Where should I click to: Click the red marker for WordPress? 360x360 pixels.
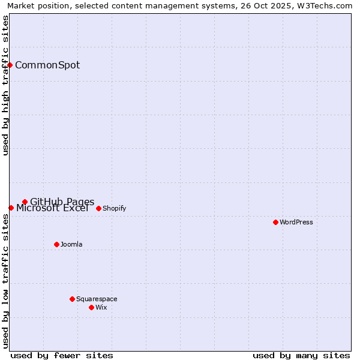(x=275, y=222)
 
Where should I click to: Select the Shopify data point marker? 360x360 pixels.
(x=99, y=208)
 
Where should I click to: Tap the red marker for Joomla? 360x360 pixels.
(x=57, y=244)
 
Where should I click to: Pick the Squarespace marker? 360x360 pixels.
(x=73, y=299)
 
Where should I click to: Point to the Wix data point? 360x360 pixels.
(x=92, y=307)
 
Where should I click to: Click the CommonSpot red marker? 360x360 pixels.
(x=10, y=65)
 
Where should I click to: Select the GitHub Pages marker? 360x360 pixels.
(x=25, y=202)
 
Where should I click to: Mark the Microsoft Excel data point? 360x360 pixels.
(x=11, y=208)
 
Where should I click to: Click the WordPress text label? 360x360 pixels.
(x=296, y=222)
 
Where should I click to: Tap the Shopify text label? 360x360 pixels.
(x=114, y=208)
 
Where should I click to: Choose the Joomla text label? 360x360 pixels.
(x=71, y=244)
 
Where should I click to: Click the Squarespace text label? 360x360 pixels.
(x=97, y=299)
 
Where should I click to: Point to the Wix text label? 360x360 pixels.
(x=101, y=307)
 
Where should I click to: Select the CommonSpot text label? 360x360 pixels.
(x=47, y=65)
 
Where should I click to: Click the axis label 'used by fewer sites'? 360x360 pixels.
(x=62, y=355)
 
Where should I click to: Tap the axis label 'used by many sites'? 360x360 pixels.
(x=301, y=355)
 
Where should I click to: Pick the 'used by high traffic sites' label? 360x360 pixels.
(x=5, y=85)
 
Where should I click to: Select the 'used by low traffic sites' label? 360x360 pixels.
(x=5, y=281)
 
